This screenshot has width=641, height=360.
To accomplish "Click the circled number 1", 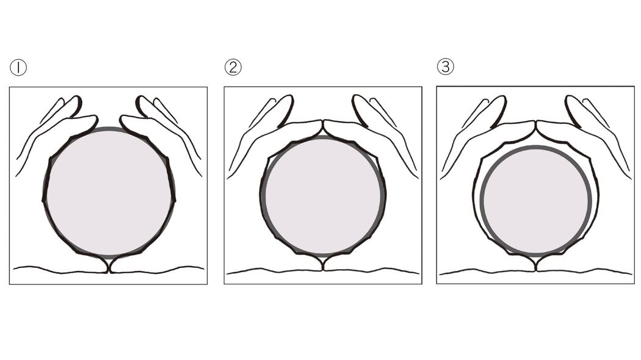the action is click(x=18, y=67).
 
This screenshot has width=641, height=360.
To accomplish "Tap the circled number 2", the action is click(x=233, y=67).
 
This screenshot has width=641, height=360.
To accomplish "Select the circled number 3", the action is click(x=446, y=66).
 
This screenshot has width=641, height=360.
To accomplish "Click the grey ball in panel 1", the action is click(x=109, y=192).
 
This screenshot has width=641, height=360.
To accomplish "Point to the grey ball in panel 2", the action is click(x=323, y=195).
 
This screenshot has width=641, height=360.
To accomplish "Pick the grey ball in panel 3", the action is click(x=536, y=201).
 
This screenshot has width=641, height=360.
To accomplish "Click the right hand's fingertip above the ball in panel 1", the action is click(x=122, y=120).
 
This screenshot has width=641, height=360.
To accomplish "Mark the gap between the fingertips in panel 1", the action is click(x=109, y=120).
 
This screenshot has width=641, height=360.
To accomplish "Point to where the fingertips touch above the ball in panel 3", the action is click(x=535, y=123).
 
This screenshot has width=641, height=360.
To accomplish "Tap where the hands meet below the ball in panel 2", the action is click(x=323, y=264).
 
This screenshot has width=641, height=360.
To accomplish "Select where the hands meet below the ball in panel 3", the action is click(x=535, y=264).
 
